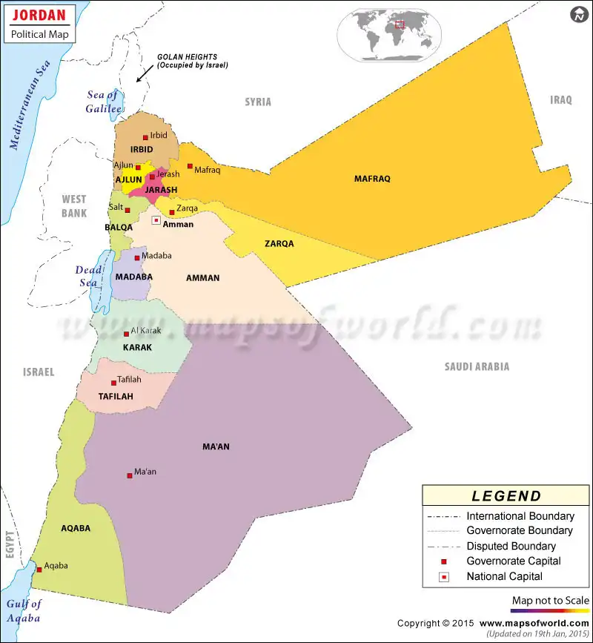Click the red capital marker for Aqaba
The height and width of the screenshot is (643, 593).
point(39,570)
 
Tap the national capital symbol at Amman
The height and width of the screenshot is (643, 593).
point(156,220)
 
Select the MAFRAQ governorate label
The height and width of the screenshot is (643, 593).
point(372,179)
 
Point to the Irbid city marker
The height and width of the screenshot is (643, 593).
point(145,137)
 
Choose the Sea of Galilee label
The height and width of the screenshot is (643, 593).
point(105,101)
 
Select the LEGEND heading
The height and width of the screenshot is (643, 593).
point(506,496)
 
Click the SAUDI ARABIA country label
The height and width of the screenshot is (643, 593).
point(477,366)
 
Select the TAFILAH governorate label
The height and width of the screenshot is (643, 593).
point(116,397)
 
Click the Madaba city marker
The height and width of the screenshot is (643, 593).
point(137,258)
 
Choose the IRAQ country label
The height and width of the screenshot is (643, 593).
point(561,100)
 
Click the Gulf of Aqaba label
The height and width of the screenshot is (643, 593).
point(24,610)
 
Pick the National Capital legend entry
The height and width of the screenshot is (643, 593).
point(504,576)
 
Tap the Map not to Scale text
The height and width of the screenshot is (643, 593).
point(550,600)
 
